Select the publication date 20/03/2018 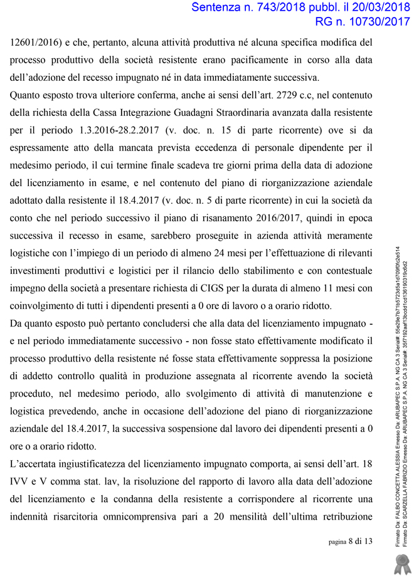coord(373,8)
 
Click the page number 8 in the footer coord(350,542)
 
